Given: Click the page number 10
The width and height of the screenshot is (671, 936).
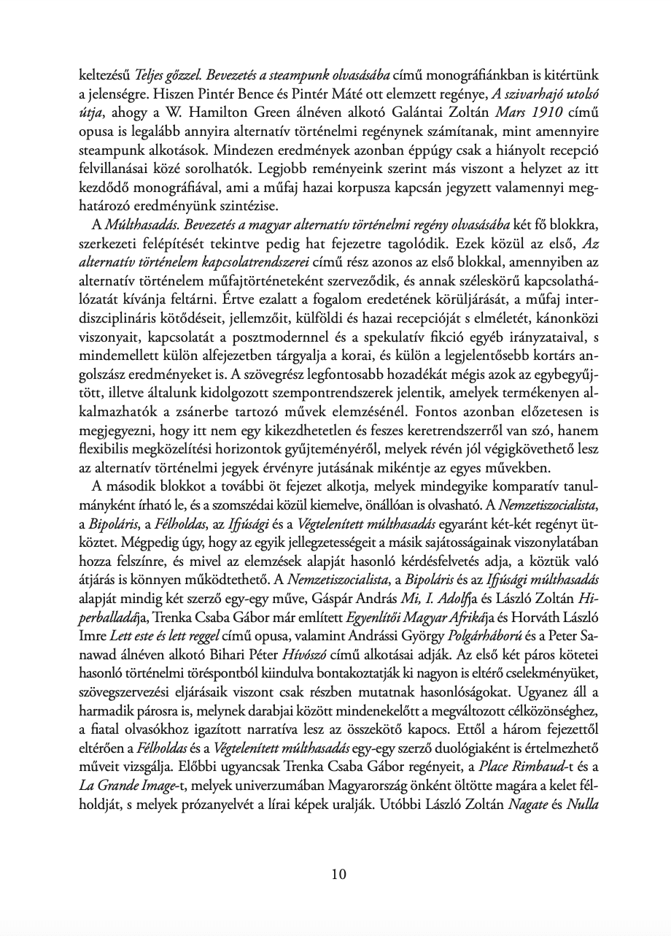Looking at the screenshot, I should (x=338, y=874).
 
